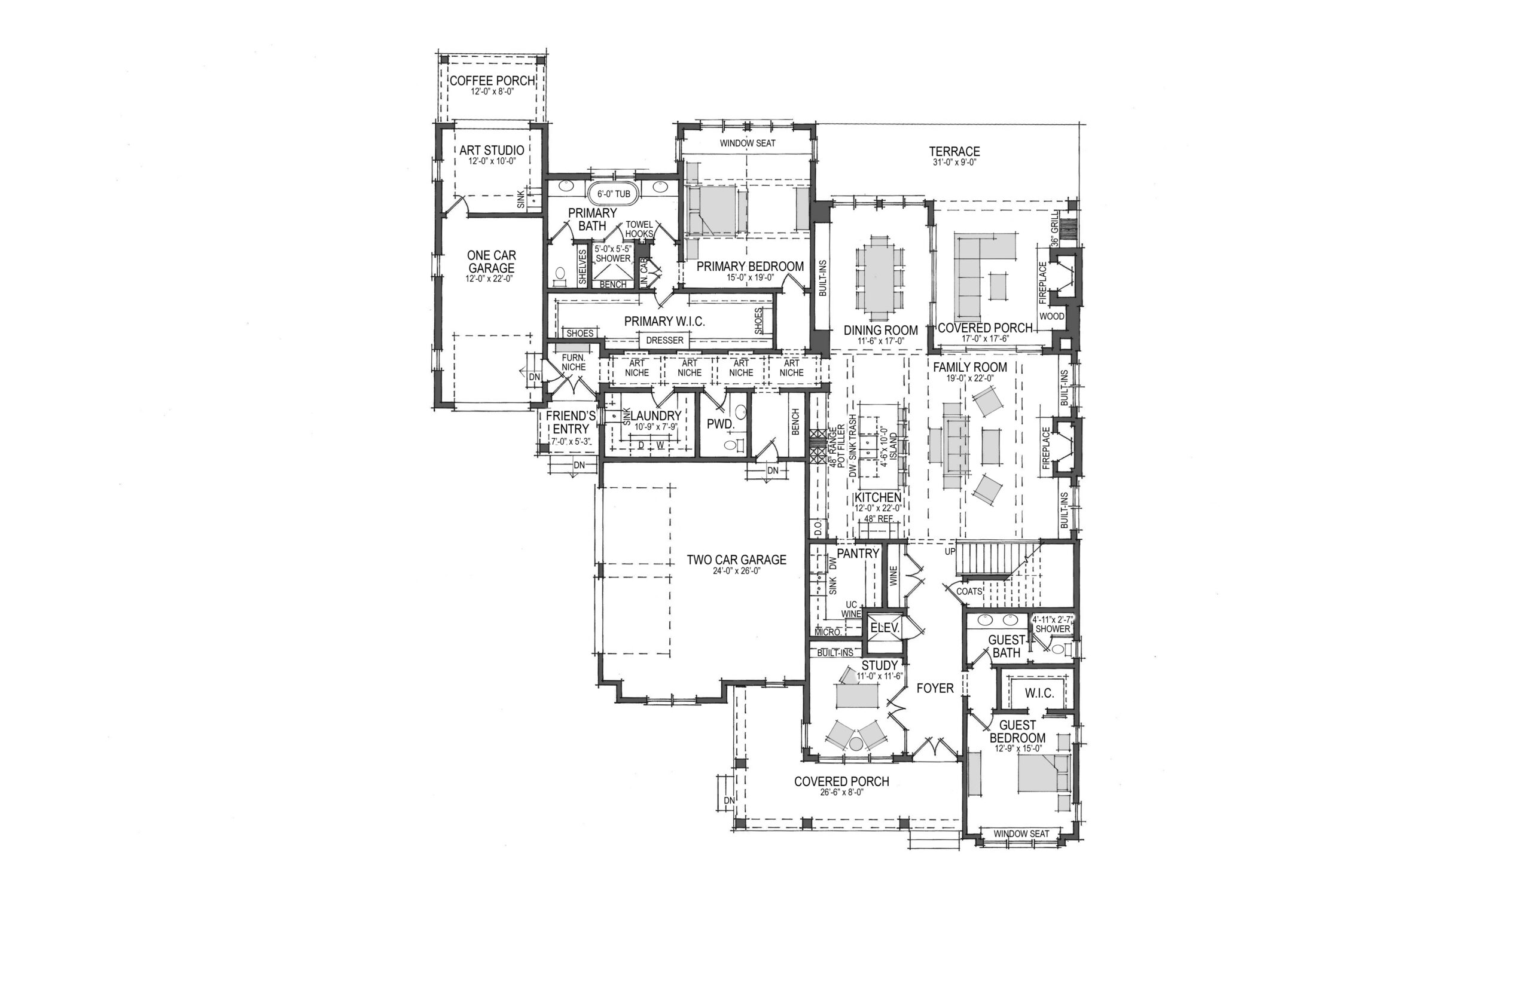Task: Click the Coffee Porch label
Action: click(492, 81)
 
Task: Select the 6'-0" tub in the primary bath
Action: click(614, 194)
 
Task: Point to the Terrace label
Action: click(954, 152)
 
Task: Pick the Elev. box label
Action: click(884, 628)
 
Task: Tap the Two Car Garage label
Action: click(736, 560)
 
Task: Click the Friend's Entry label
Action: click(571, 422)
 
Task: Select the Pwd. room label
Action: click(720, 424)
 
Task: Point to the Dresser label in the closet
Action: click(664, 340)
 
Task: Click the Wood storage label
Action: click(1052, 316)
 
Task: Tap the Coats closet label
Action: click(969, 591)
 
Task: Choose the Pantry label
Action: click(858, 554)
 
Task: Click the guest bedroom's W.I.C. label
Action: click(1039, 693)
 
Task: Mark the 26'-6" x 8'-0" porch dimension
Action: click(841, 793)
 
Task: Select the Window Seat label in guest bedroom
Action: click(1021, 834)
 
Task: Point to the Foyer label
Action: click(935, 689)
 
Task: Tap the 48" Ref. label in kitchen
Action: click(878, 519)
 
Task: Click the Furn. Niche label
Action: click(574, 362)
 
